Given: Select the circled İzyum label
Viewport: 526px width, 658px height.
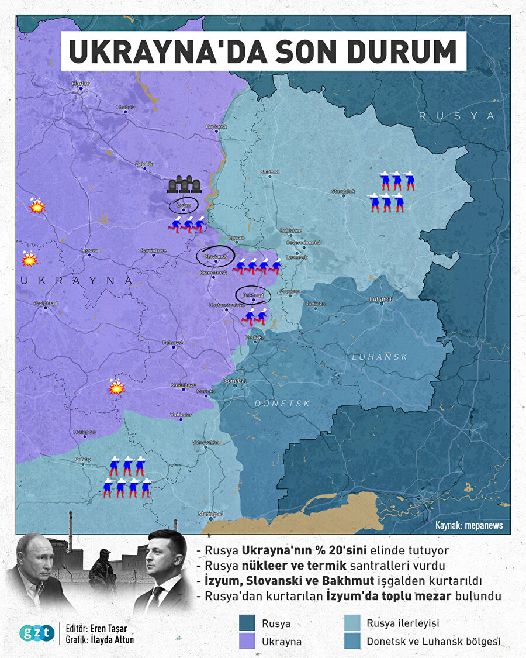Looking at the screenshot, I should coord(184,205).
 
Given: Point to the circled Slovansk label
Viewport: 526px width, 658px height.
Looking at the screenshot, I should coord(215,256).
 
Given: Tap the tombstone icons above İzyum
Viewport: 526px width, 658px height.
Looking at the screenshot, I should coord(184,185).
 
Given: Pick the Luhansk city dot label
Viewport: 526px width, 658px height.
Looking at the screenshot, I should coord(382,299).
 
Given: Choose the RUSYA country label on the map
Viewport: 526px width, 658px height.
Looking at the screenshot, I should coord(456,116).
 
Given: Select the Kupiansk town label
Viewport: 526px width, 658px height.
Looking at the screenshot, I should coord(216,126).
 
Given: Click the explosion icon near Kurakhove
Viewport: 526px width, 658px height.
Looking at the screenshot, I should coord(116,387).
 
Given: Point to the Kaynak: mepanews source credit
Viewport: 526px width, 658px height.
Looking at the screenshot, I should coord(469,525).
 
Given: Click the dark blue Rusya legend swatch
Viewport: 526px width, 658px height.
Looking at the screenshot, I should coord(248,623).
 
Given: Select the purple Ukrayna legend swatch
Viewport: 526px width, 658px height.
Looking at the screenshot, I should coord(248,641).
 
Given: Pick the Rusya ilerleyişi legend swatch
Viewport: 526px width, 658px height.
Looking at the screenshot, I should coord(352,623).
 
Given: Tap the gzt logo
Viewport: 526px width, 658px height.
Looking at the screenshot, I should coord(37,632).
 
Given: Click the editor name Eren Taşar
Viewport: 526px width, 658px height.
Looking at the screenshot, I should coord(106,628).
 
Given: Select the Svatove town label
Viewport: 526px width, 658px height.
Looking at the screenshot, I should coord(269,172).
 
